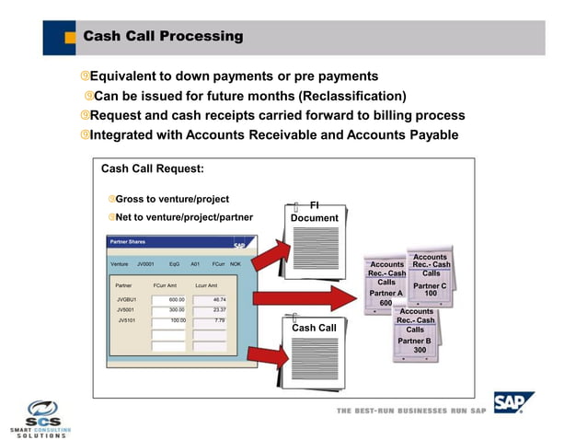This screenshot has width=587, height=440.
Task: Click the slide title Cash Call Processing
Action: pos(163,37)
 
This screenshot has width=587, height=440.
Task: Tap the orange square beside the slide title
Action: pos(70,38)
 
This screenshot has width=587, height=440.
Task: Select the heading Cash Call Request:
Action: pos(152,168)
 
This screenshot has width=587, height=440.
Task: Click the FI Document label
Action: pos(315,212)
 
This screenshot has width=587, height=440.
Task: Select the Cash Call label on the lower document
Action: pos(314,328)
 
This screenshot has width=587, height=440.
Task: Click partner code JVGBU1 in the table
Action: pos(126,299)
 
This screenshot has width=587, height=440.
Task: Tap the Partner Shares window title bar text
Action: pos(129,242)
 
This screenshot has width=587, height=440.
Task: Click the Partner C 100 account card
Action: pos(430,276)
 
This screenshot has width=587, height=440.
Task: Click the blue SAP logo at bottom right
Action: pos(511,403)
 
